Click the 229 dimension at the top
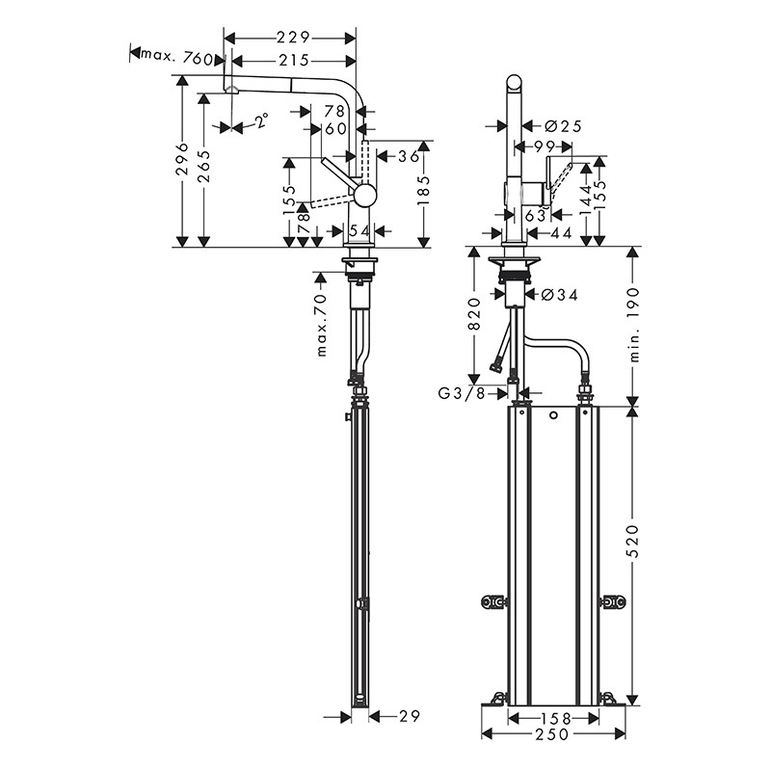pos(293,38)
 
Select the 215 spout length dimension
pos(294,61)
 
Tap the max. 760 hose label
pos(177,58)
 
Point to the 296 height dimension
pos(183,159)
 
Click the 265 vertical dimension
pos(204,166)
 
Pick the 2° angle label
pos(262,120)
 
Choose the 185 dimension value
pos(423,190)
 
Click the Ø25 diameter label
pos(564,126)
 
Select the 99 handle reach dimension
pos(544,146)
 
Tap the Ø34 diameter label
pos(560,295)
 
